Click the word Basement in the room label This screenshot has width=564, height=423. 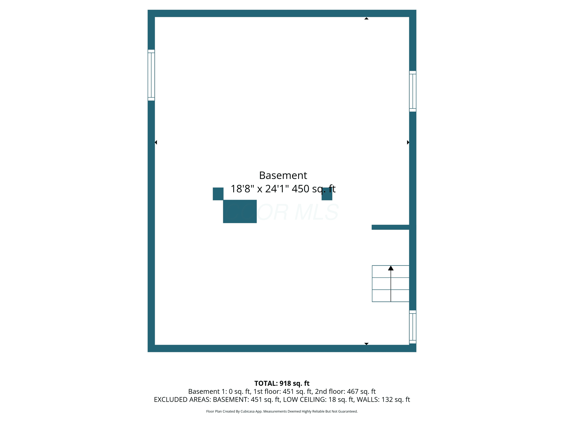(283, 175)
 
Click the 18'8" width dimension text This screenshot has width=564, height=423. (242, 189)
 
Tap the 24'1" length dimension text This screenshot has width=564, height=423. (277, 189)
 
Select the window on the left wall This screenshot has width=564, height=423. (151, 75)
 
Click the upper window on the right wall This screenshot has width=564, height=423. (412, 91)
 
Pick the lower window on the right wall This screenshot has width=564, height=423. (412, 327)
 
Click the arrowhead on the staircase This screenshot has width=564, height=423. (391, 268)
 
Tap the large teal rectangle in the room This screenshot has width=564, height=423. (240, 211)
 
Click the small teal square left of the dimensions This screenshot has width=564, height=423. (218, 194)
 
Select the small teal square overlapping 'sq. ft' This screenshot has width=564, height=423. (327, 194)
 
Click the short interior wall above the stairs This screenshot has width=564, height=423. (390, 227)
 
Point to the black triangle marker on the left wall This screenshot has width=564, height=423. (156, 142)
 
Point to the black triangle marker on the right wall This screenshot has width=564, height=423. (408, 142)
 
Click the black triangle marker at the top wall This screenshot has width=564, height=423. (366, 18)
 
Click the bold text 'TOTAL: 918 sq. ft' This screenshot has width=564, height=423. (282, 383)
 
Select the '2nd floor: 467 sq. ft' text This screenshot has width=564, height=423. (345, 391)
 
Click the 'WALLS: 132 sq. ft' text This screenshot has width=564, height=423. (383, 399)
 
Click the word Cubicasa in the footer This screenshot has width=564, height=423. (247, 411)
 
